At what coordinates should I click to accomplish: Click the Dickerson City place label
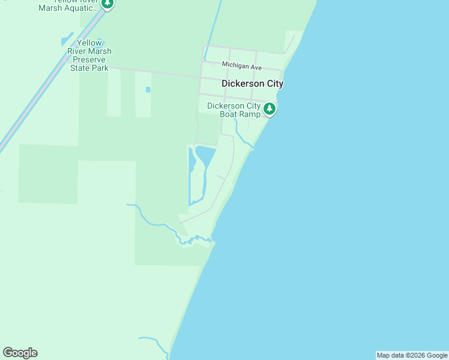(252, 84)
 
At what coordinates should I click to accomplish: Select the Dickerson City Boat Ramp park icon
(270, 110)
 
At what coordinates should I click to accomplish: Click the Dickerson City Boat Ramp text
(234, 110)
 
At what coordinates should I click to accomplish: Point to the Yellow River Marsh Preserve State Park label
(89, 56)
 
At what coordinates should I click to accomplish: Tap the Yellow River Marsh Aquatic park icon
(107, 4)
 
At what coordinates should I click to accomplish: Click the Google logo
(20, 353)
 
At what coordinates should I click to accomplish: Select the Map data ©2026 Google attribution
(412, 355)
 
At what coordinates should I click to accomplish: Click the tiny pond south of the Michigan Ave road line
(148, 90)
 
